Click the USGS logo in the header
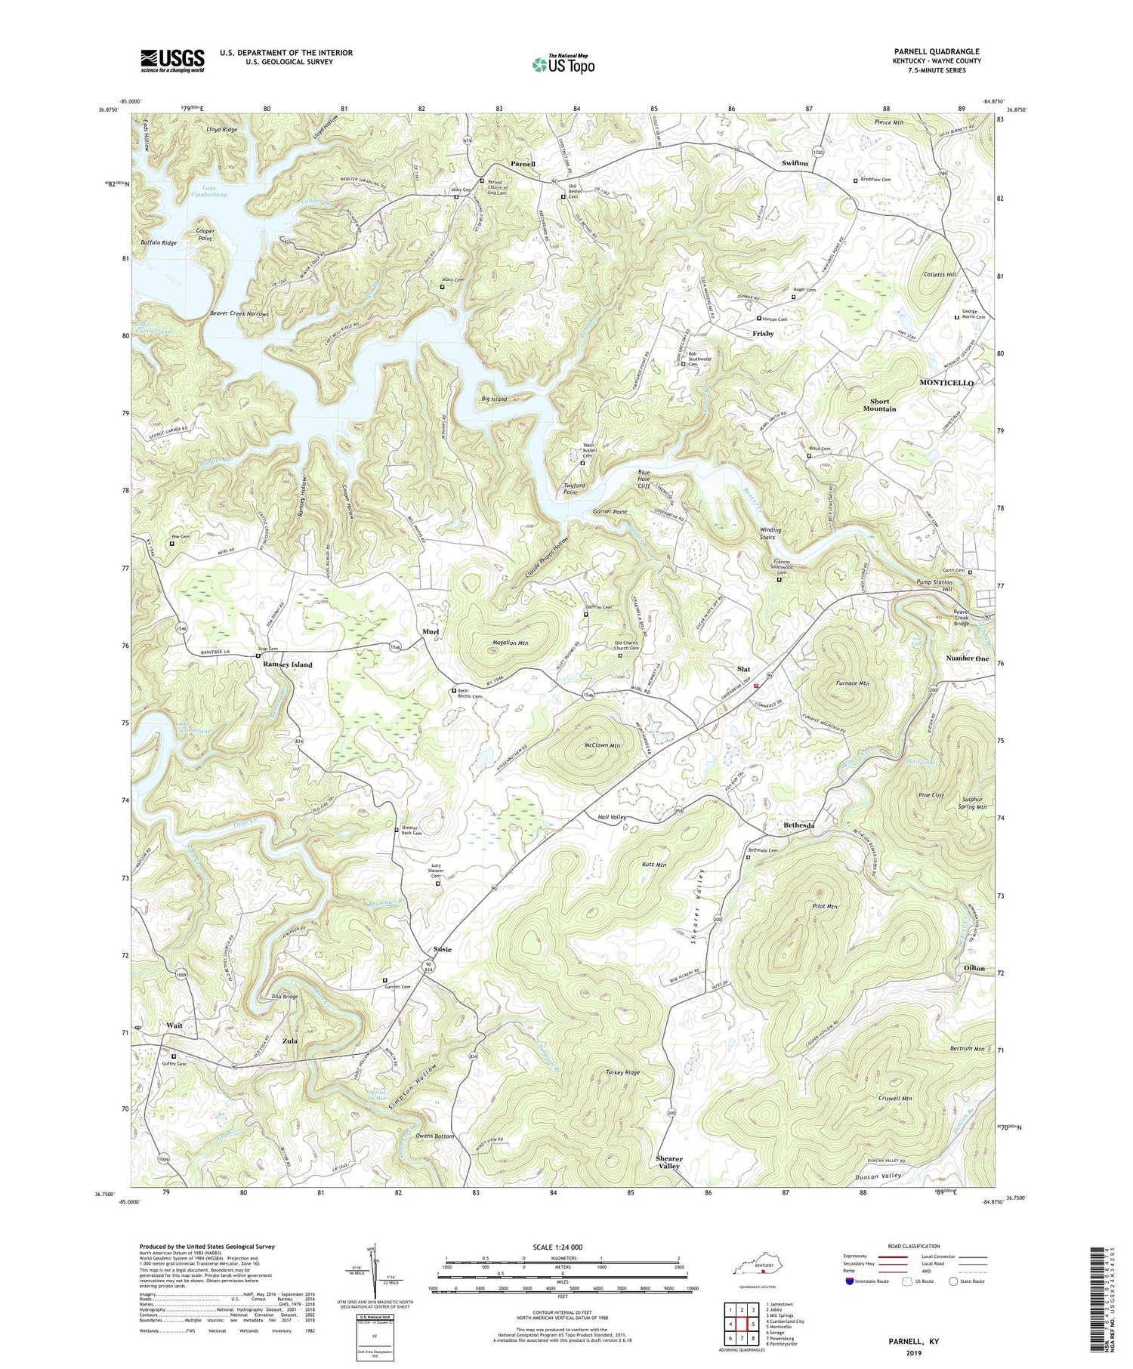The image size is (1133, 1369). [x=172, y=60]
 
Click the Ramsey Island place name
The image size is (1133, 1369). [x=287, y=664]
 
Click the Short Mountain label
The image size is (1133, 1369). [x=879, y=405]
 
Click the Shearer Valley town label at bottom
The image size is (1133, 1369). [x=668, y=1162]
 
